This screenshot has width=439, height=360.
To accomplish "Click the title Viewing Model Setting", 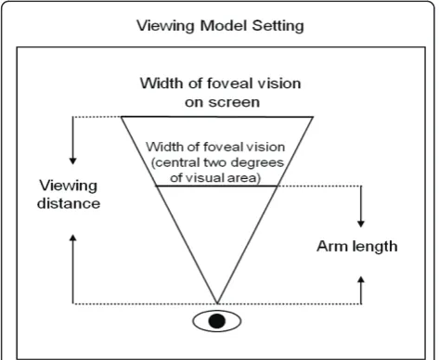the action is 220,26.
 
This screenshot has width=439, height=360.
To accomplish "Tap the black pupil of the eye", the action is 217,321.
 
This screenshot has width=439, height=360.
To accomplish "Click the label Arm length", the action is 357,247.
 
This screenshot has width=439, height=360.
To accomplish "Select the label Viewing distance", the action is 69,194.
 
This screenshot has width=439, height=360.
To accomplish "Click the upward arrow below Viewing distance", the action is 73,269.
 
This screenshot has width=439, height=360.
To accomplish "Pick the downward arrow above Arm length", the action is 361,207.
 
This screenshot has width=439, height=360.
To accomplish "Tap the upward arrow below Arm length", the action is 361,290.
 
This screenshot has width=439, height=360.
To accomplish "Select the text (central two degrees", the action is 217,162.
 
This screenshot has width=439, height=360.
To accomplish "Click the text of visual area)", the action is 215,178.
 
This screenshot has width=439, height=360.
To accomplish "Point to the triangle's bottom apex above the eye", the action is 217,303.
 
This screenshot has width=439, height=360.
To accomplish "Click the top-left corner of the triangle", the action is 122,117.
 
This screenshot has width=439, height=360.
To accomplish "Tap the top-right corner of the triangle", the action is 313,117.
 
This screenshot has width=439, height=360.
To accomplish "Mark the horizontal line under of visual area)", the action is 216,186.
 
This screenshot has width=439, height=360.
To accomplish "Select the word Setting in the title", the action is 278,26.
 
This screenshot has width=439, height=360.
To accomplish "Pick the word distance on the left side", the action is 69,203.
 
